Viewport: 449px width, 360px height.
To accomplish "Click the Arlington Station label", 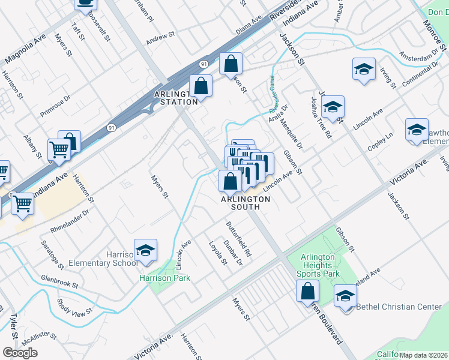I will [x=175, y=98].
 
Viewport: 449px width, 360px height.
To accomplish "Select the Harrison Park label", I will [x=164, y=278].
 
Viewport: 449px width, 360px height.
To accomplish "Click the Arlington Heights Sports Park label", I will [x=318, y=265].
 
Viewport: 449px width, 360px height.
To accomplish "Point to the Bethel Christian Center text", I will [x=399, y=307].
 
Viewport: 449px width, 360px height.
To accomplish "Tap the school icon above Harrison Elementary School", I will [x=145, y=251].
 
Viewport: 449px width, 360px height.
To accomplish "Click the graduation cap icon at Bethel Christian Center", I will [x=345, y=296].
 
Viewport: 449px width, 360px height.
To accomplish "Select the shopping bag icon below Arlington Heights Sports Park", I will [x=307, y=292].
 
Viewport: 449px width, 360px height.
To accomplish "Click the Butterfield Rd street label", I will [x=238, y=240].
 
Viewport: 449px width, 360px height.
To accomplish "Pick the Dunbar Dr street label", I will [x=232, y=252].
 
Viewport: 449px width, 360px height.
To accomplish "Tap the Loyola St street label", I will [x=218, y=253].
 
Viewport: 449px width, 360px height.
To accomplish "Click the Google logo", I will [x=20, y=353].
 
